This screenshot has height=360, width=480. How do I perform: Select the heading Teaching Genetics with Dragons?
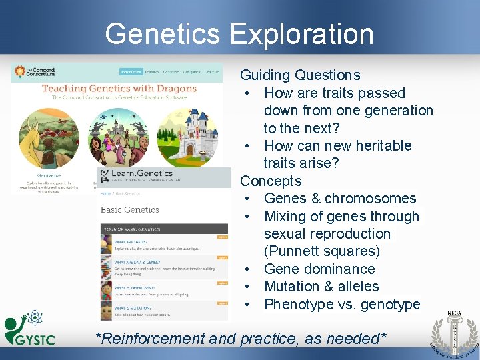(x=119, y=88)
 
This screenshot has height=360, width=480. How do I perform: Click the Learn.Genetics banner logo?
(x=130, y=176)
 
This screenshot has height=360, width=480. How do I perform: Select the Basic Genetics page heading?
(x=130, y=209)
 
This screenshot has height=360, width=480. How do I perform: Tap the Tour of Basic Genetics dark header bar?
(x=164, y=229)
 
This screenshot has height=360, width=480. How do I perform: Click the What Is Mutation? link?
(x=136, y=307)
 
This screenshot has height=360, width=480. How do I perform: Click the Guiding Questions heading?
(x=300, y=75)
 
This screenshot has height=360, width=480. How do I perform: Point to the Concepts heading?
(x=271, y=181)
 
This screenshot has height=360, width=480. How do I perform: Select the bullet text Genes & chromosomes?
(x=340, y=199)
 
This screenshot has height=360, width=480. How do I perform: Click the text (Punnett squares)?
(x=322, y=251)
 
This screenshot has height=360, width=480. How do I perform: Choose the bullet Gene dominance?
(x=319, y=269)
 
